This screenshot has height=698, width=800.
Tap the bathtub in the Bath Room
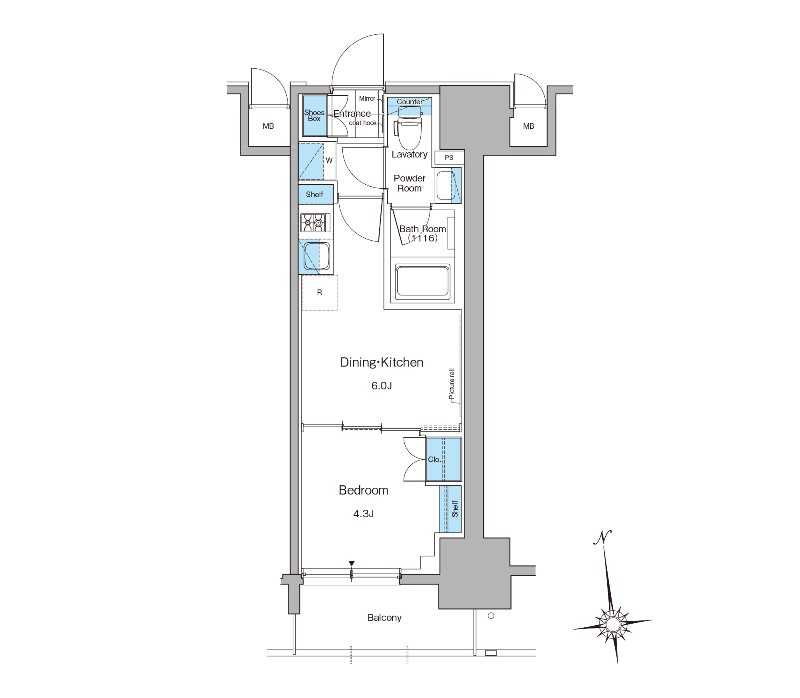click(422, 282)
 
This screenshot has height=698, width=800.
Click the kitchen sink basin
click(317, 256)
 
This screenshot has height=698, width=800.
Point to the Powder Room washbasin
click(446, 185)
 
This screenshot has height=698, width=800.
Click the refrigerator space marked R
click(319, 293)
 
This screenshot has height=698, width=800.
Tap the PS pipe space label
click(449, 158)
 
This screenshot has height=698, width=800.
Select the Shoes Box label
click(314, 116)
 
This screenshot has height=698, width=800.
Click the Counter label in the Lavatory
click(410, 102)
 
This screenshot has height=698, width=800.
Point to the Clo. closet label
click(435, 459)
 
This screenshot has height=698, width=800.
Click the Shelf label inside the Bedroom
click(455, 509)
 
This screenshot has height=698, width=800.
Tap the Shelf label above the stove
click(314, 195)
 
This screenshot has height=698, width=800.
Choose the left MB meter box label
click(268, 126)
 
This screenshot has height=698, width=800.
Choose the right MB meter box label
click(528, 126)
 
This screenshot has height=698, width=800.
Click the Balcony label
click(384, 618)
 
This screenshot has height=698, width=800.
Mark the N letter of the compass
click(602, 537)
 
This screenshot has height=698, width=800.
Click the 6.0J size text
click(382, 386)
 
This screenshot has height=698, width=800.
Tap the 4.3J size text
click(364, 514)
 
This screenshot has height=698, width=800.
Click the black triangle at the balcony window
click(352, 564)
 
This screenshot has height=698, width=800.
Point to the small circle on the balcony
click(491, 616)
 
